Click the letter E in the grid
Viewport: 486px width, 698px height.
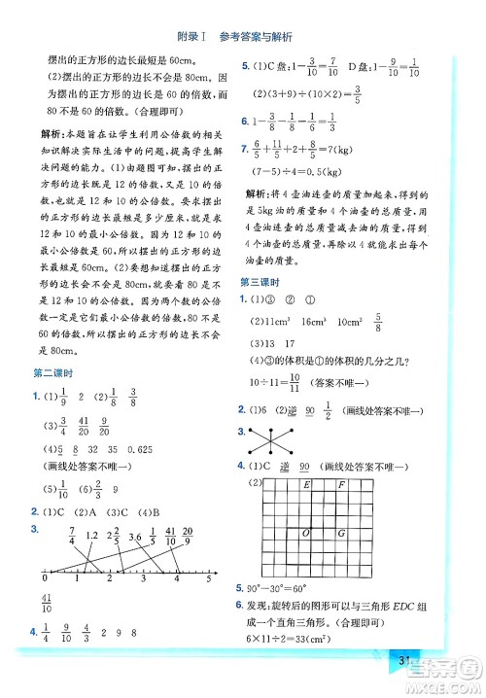(306, 484)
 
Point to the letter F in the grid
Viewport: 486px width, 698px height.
(340, 484)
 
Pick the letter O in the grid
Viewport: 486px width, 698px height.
(306, 533)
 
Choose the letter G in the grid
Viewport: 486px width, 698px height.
(340, 533)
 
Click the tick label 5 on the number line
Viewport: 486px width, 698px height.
(208, 579)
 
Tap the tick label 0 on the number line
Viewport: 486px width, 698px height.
(40, 579)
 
